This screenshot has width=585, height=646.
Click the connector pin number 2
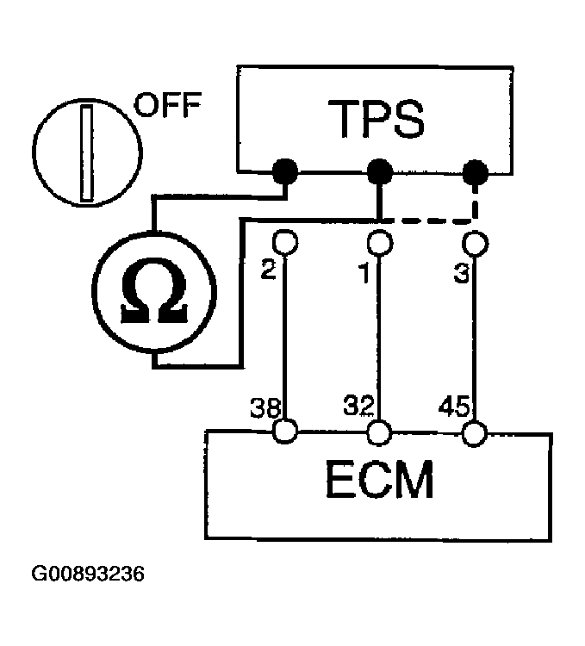tap(269, 272)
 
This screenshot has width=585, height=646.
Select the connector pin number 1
tap(364, 272)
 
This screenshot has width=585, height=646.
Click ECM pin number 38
tap(262, 405)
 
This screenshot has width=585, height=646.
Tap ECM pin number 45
tap(454, 405)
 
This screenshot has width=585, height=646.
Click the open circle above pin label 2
tap(283, 242)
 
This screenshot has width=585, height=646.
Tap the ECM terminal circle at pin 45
tap(473, 431)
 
